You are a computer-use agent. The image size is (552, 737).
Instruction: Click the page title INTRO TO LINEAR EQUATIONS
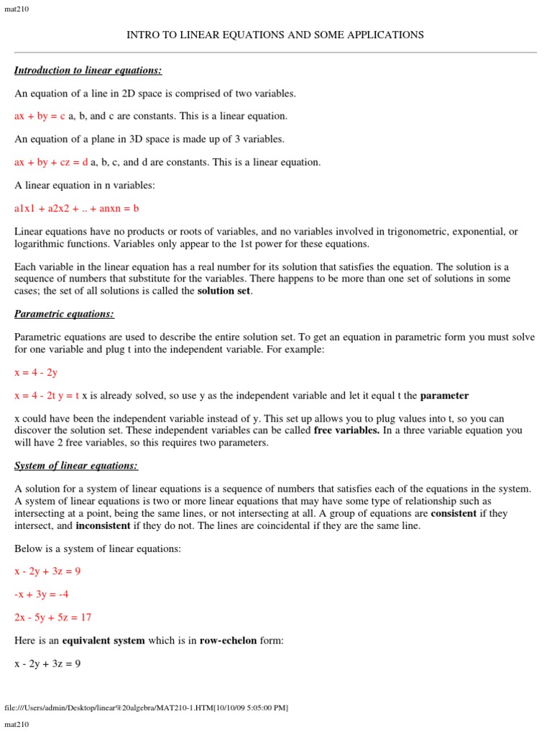point(275,35)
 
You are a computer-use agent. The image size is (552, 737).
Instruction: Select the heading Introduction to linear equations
point(88,70)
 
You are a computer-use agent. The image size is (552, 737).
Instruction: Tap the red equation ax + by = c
point(40,116)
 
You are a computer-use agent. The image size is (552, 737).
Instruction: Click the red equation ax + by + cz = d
point(51,162)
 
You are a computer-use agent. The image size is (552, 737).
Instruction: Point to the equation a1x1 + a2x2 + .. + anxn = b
point(76,209)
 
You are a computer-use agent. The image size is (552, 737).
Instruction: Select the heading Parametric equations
point(64,314)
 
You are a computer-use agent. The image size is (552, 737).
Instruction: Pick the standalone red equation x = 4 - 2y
point(36,372)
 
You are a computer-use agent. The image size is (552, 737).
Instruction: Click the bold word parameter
point(444,395)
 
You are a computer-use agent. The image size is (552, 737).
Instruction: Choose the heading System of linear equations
point(76,465)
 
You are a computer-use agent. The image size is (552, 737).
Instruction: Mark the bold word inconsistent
point(103,525)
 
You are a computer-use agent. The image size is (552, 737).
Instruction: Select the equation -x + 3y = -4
point(41,594)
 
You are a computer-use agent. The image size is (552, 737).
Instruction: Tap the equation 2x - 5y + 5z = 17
point(52,618)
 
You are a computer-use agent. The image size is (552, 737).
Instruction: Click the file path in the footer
point(147,707)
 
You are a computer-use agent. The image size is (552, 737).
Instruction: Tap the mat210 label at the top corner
point(17,9)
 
